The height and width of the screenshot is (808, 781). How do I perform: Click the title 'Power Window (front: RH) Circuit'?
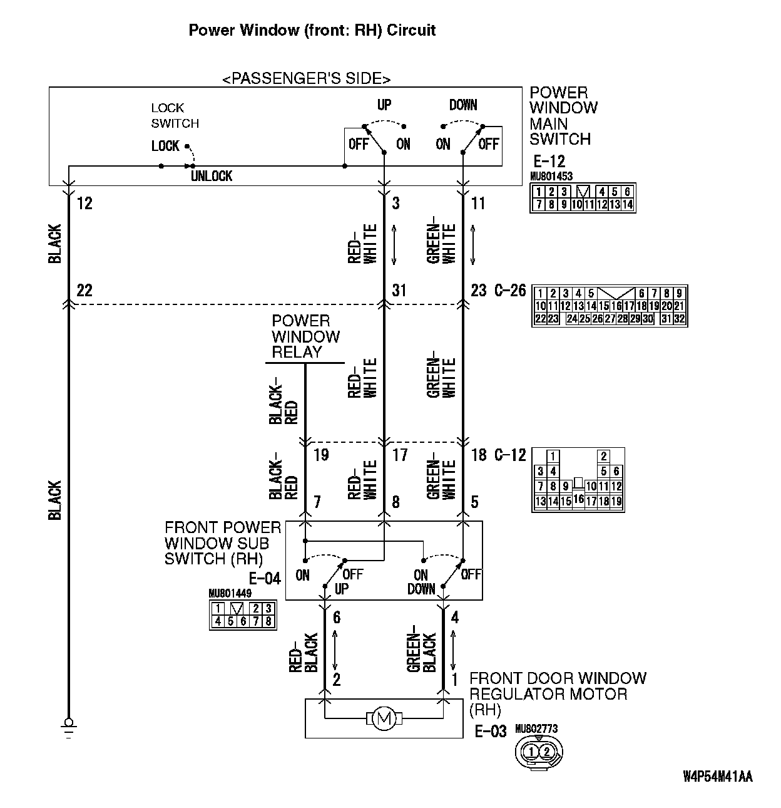pyautogui.click(x=312, y=30)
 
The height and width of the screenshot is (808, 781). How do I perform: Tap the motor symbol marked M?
pyautogui.click(x=384, y=718)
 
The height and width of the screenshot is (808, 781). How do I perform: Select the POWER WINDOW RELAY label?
pyautogui.click(x=305, y=337)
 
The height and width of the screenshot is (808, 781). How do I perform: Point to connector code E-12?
pyautogui.click(x=548, y=162)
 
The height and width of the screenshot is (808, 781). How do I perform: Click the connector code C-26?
pyautogui.click(x=510, y=291)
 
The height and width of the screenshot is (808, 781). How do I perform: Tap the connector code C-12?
pyautogui.click(x=510, y=455)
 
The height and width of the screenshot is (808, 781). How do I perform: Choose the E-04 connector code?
pyautogui.click(x=265, y=578)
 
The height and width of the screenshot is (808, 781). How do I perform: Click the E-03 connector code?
pyautogui.click(x=490, y=732)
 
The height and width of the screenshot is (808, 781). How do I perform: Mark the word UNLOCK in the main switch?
pyautogui.click(x=212, y=177)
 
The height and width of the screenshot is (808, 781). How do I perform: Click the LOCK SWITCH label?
pyautogui.click(x=175, y=116)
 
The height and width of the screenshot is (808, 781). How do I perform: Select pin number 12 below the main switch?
pyautogui.click(x=84, y=204)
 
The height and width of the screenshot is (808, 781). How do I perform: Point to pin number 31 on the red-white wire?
pyautogui.click(x=399, y=291)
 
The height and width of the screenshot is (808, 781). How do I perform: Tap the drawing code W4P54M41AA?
pyautogui.click(x=717, y=777)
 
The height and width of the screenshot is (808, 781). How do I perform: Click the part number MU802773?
pyautogui.click(x=536, y=729)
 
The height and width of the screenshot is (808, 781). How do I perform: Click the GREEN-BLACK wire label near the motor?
pyautogui.click(x=422, y=651)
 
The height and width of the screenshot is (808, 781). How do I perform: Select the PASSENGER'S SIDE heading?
pyautogui.click(x=307, y=79)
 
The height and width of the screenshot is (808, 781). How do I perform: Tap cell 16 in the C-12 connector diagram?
pyautogui.click(x=578, y=500)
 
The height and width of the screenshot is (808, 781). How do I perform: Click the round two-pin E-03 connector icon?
pyautogui.click(x=538, y=751)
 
